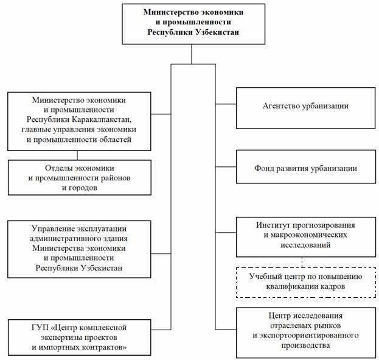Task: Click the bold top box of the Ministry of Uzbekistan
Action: pos(193,24)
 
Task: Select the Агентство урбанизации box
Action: pos(305,108)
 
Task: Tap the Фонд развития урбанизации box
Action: pos(306,166)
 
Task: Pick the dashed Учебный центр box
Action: pos(306,282)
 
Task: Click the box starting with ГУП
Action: pos(79,337)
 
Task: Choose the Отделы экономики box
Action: pos(79,177)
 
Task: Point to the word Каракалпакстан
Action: pos(102,119)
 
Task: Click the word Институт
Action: pos(273,225)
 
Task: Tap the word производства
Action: pos(305,345)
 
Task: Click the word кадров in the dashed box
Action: pos(332,287)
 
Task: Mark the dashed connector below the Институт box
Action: pos(302,262)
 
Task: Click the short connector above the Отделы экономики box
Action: pos(77,155)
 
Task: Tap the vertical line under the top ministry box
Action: pos(192,54)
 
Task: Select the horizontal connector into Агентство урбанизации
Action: pos(226,104)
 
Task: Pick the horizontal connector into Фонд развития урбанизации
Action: pos(226,167)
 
